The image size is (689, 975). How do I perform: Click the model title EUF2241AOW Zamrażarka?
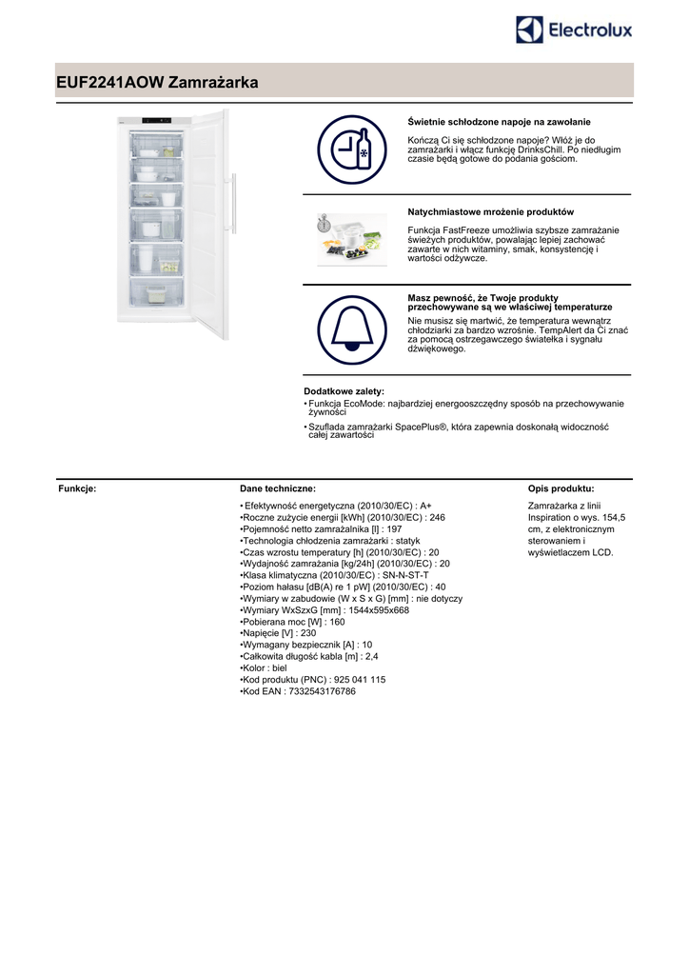(x=157, y=84)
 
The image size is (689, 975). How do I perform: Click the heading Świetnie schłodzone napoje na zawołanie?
(x=499, y=122)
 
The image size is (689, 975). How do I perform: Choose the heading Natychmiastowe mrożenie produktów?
(x=490, y=211)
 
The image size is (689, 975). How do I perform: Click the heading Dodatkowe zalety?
(x=344, y=391)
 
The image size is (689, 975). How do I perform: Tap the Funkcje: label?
(x=77, y=488)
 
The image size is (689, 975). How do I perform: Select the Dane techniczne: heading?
(x=271, y=488)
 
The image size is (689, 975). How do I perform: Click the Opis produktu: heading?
(x=561, y=488)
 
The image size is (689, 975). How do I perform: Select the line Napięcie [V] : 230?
(x=278, y=633)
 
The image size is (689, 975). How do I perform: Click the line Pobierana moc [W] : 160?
(x=292, y=622)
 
